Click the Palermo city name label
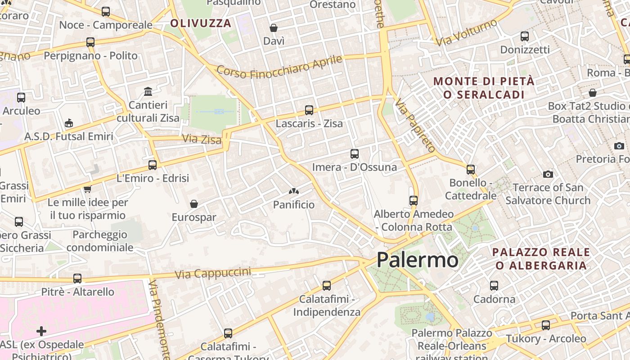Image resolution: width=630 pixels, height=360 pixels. coord(417,260)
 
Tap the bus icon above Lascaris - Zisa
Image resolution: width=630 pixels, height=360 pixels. coord(309,110)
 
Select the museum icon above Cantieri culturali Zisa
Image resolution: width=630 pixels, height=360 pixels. coord(148,92)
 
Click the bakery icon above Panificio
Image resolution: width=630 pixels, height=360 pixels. coord(294,192)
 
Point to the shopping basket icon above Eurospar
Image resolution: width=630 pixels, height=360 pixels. coord(194,204)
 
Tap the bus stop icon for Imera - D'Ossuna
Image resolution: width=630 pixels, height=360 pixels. coord(355,154)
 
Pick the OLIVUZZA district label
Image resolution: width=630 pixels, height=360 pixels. coord(201,23)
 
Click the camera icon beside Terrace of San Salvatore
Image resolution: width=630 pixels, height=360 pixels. coord(548,174)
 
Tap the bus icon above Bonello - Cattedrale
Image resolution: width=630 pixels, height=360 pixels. coord(471,170)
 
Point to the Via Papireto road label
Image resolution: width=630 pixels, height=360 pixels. coord(415,126)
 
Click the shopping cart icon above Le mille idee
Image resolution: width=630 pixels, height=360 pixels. coord(88,189)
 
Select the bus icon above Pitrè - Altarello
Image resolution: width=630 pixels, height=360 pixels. coord(77,279)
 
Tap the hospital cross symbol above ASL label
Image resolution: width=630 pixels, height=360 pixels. coord(41,332)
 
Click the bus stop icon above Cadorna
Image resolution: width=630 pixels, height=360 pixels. coord(494,286)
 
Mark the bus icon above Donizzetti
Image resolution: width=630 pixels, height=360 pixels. coord(525,36)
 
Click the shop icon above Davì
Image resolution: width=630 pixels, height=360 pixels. coord(274,28)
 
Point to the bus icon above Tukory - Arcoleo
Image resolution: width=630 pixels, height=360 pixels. coord(546,325)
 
